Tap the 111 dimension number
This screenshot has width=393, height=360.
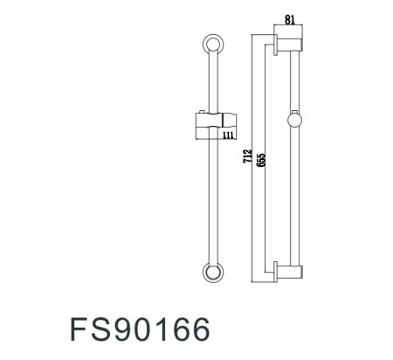pyautogui.click(x=229, y=135)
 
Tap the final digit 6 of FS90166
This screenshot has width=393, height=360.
pyautogui.click(x=201, y=330)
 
